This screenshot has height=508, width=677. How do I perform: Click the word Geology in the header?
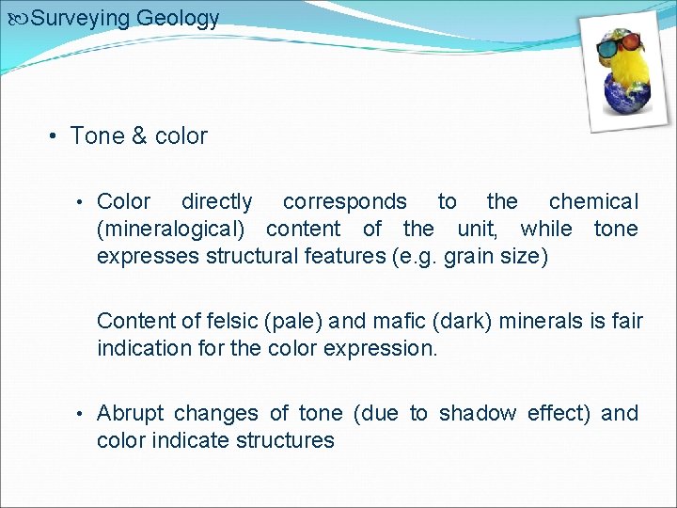(x=178, y=18)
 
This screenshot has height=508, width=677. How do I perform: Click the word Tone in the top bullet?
(x=97, y=136)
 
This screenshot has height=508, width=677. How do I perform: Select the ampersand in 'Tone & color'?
(x=139, y=136)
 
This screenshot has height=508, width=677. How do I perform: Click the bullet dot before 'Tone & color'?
(x=55, y=136)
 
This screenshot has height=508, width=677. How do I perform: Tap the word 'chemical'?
(x=592, y=201)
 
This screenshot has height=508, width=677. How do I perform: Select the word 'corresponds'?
(x=344, y=201)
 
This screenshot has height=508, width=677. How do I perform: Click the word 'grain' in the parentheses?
(x=465, y=256)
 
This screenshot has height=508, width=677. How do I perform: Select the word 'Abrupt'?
(x=130, y=413)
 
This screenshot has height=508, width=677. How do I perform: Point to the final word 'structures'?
(x=285, y=440)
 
